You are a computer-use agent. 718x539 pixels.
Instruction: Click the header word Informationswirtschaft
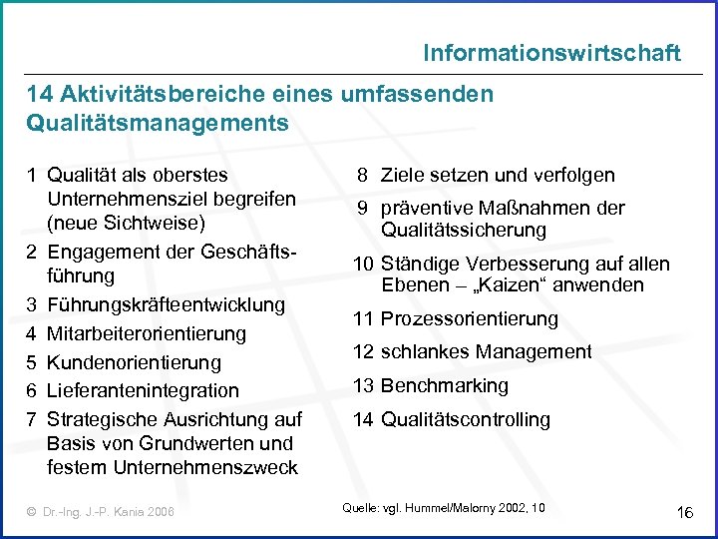[551, 52]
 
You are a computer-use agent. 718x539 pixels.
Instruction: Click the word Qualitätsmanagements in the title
[158, 124]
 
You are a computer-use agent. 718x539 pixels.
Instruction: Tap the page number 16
[684, 512]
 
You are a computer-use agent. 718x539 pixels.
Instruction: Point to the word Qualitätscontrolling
[466, 419]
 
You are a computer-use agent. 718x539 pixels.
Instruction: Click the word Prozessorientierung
[470, 319]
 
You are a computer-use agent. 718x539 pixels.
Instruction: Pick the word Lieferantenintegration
[143, 390]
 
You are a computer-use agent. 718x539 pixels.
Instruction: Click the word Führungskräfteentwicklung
[166, 303]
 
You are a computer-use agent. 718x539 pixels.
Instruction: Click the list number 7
[33, 419]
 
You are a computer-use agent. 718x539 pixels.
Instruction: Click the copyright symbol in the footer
[32, 512]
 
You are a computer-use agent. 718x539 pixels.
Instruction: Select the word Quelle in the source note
[359, 508]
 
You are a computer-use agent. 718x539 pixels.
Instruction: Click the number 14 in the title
[40, 94]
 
